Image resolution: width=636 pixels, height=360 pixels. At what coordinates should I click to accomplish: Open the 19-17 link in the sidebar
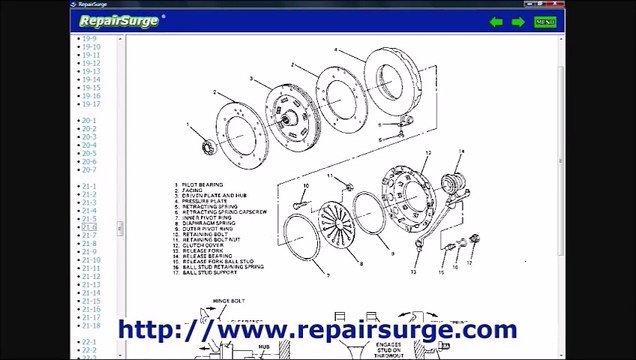91,103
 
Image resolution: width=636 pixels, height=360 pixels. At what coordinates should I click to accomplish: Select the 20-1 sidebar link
89,121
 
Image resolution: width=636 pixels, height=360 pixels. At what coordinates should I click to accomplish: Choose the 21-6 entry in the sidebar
89,227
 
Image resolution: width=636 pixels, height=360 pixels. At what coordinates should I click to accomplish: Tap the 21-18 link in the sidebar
91,325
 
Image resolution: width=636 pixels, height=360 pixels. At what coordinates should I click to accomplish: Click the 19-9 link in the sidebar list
89,38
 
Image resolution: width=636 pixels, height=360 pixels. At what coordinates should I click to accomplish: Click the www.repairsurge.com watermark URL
317,328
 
